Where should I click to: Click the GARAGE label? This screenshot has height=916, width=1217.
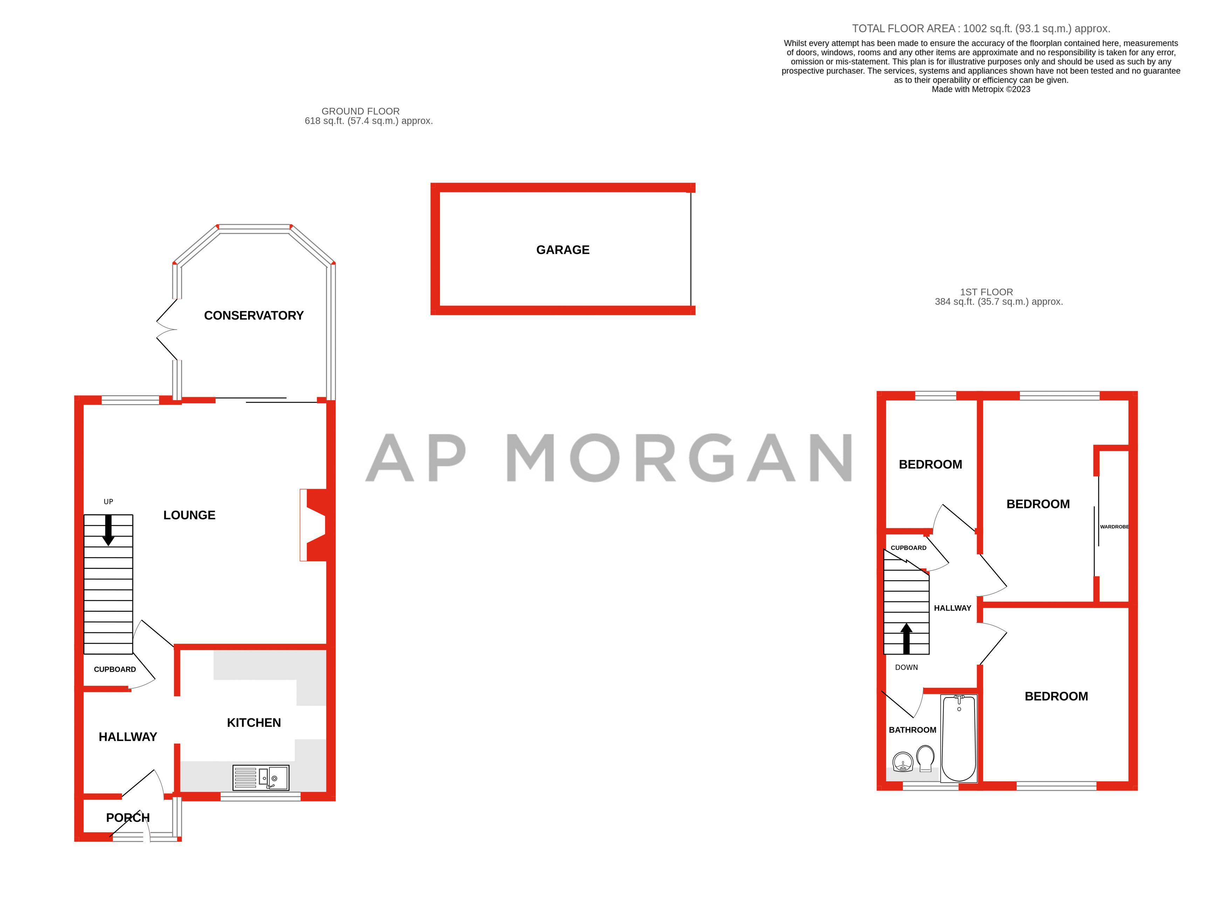(562, 250)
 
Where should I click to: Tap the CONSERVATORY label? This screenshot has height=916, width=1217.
(254, 315)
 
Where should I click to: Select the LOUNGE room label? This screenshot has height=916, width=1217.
(189, 515)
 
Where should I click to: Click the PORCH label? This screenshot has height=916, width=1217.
(128, 818)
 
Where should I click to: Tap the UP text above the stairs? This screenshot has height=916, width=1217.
(108, 501)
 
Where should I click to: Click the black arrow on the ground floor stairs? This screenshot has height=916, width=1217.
(108, 529)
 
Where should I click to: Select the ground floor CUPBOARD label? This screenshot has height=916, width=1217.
(115, 669)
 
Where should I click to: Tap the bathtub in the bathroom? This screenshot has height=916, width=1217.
(959, 738)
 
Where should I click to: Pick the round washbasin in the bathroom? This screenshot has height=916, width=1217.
(903, 763)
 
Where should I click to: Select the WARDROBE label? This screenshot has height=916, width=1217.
(1114, 527)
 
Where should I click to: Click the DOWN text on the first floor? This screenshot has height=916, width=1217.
(906, 667)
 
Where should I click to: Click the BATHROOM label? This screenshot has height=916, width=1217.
(912, 730)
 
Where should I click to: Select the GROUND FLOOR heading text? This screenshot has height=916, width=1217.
(360, 111)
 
